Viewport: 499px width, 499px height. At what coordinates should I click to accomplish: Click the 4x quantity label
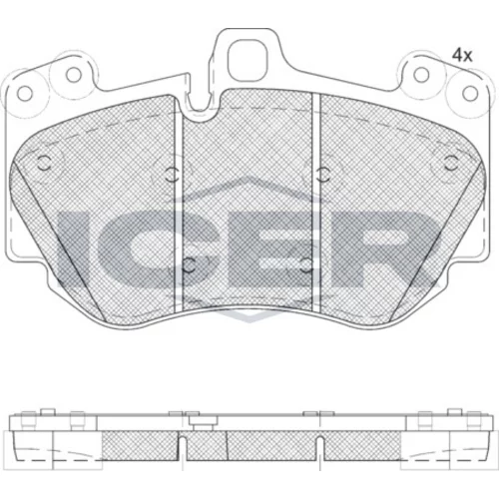(x=462, y=56)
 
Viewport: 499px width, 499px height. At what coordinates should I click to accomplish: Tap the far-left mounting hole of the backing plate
(x=25, y=94)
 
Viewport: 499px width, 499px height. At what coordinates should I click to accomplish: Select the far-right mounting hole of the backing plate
(x=470, y=93)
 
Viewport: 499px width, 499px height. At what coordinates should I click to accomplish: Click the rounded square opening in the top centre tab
(x=247, y=60)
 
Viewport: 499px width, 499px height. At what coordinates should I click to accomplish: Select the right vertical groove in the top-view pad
(x=316, y=203)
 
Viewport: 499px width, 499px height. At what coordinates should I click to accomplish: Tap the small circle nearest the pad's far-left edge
(x=44, y=164)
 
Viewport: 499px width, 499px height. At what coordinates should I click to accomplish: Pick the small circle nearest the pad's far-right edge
(x=451, y=163)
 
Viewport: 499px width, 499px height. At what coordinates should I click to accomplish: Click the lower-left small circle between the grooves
(x=190, y=265)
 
